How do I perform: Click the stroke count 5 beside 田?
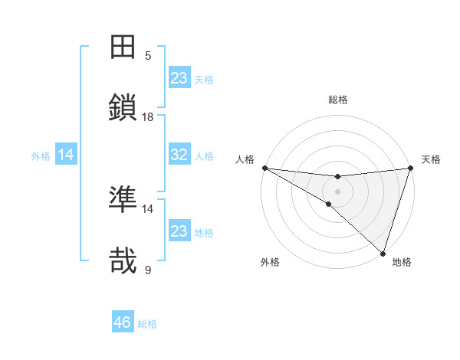148,55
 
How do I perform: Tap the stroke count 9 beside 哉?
148,270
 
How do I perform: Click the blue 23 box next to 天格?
179,78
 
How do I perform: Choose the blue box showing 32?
179,155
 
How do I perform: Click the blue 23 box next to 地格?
179,231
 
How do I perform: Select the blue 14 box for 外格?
66,155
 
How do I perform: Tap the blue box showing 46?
123,322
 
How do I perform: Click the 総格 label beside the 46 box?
147,324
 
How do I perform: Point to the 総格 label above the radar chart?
337,100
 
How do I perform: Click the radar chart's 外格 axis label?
270,263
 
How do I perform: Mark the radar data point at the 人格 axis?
264,168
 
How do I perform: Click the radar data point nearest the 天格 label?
410,168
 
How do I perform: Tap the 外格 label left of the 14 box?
41,155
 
